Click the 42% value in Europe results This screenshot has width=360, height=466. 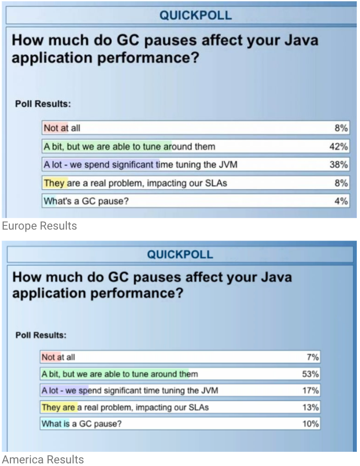(x=339, y=146)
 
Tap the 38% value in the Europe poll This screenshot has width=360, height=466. (x=339, y=165)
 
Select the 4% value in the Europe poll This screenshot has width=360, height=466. (x=341, y=201)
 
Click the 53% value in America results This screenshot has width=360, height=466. (x=310, y=374)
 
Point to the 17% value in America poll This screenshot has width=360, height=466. (x=310, y=390)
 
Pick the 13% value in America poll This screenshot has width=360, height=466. (x=310, y=407)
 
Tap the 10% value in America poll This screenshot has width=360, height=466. (x=310, y=424)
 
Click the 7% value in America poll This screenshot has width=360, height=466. (x=312, y=357)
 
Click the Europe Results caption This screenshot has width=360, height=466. (x=39, y=226)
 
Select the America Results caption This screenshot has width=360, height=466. (x=43, y=460)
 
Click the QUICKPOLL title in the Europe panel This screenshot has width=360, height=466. (x=195, y=16)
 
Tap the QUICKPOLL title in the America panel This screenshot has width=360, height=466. (x=180, y=255)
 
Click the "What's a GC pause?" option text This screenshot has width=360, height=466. (x=85, y=201)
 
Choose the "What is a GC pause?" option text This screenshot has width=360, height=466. (x=81, y=424)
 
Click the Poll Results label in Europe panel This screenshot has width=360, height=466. (x=43, y=104)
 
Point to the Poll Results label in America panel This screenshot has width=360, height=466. (x=41, y=335)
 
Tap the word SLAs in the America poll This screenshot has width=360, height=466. (x=202, y=407)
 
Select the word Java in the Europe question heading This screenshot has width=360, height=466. (x=298, y=40)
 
